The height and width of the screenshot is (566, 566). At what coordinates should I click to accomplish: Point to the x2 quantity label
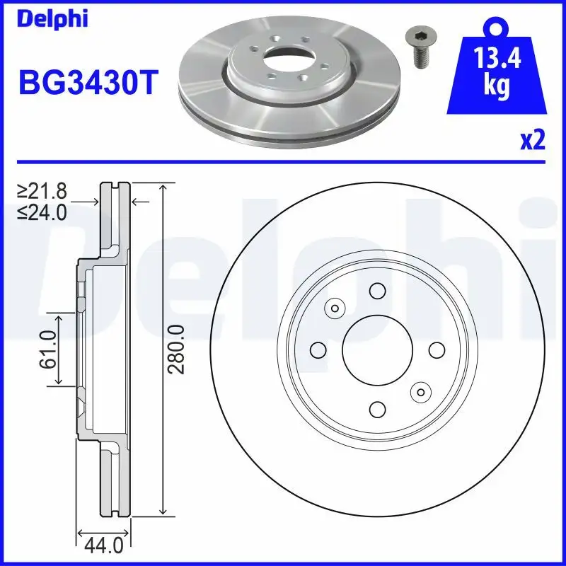tap(532, 141)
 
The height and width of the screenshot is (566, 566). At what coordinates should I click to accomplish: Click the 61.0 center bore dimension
tap(47, 349)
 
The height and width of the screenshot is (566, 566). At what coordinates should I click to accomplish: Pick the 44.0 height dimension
tap(103, 547)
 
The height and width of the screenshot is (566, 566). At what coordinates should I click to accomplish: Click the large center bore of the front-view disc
tap(377, 349)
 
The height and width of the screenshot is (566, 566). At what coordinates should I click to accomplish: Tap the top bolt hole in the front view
tap(377, 290)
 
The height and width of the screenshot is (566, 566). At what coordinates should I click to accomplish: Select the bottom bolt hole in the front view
tap(377, 408)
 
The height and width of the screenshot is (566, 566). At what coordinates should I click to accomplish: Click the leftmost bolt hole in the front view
tap(318, 350)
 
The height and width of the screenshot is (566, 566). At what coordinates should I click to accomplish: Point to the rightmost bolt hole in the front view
tap(437, 350)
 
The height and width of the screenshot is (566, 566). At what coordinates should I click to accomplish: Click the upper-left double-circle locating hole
tap(334, 307)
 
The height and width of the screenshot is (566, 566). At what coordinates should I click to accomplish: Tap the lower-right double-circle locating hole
tap(420, 391)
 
